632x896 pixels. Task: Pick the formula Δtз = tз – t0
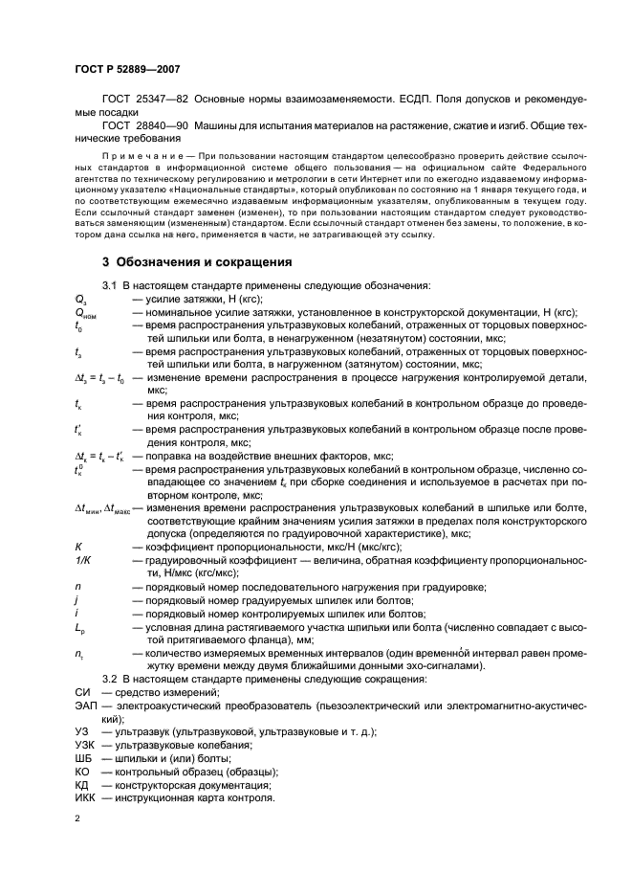coord(100,378)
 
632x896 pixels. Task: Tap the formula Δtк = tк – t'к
coord(102,456)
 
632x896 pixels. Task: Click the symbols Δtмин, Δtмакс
coord(108,507)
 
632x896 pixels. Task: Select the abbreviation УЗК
coord(84,745)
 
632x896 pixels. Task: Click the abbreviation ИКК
coord(84,797)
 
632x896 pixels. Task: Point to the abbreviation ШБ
coord(82,757)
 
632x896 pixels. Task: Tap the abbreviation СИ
coord(81,692)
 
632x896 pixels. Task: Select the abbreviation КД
coord(81,784)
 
